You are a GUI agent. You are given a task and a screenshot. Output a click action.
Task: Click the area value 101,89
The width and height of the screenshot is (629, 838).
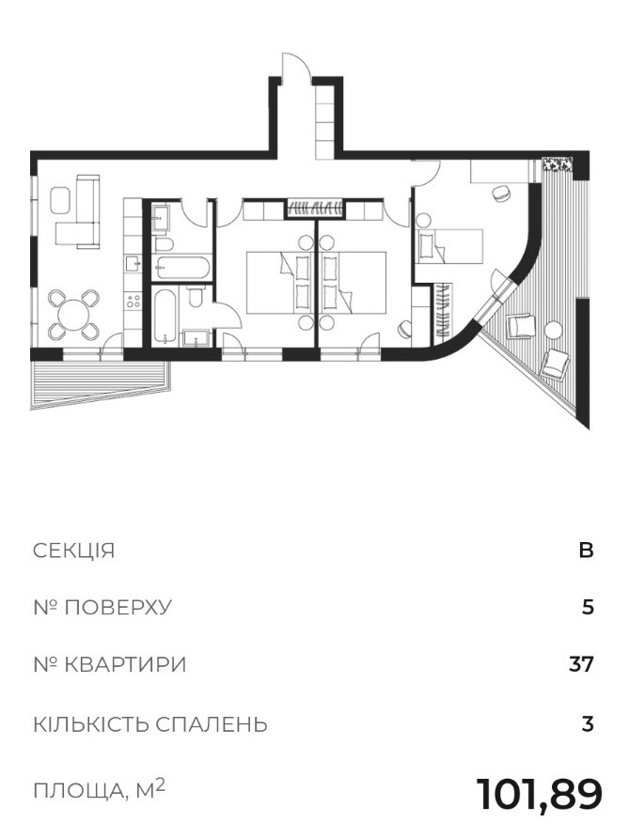539,795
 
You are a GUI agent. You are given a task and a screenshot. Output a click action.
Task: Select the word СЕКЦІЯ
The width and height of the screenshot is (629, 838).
74,550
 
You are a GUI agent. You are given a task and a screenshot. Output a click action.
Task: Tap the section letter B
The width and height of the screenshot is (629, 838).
586,550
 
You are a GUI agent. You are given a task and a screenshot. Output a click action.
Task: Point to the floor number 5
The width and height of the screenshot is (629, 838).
588,608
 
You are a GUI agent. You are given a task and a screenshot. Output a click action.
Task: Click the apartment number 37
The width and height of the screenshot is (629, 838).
581,665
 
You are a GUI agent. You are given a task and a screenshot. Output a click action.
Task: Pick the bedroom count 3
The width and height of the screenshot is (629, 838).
588,724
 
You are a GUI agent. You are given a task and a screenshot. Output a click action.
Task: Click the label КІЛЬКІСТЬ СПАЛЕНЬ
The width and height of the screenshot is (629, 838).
150,724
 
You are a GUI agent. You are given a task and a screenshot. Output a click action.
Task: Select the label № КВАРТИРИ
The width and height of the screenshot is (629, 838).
110,665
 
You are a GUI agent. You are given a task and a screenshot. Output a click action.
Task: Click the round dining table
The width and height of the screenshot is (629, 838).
74,315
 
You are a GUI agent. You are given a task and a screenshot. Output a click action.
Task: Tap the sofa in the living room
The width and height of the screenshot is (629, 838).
81,211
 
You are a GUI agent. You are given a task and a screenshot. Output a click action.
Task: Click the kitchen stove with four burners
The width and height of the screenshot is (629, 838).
133,301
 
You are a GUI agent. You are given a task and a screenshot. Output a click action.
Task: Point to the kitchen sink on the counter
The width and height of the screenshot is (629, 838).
133,262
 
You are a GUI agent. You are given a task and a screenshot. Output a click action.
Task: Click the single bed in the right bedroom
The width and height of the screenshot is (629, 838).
450,246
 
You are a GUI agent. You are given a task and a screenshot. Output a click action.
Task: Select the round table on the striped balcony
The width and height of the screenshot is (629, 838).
554,330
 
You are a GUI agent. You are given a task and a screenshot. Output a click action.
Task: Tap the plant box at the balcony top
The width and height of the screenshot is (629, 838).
558,164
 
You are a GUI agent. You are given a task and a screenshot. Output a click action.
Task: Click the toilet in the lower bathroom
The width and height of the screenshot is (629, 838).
196,296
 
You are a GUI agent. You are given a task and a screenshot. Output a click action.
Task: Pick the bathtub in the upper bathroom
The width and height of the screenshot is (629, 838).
181,267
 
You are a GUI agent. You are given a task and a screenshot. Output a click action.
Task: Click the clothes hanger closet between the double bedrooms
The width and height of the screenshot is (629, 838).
314,208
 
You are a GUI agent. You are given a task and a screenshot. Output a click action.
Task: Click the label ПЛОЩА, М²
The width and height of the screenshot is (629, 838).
100,789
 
